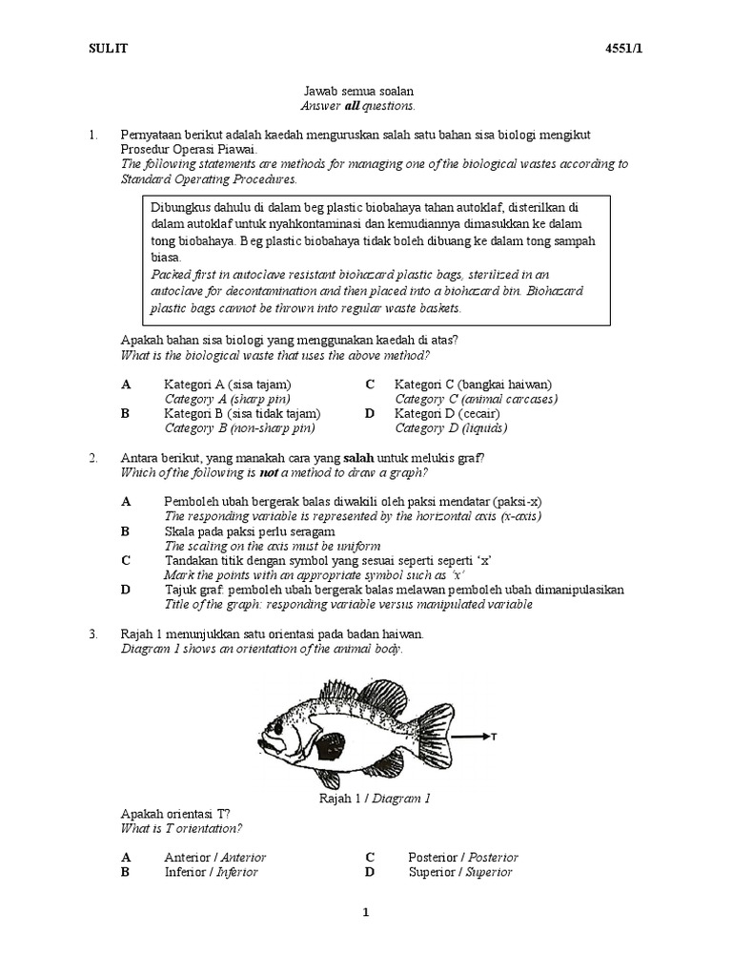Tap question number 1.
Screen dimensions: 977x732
pos(93,135)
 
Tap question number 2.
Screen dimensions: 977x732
pos(93,458)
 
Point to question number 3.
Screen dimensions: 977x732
pos(93,634)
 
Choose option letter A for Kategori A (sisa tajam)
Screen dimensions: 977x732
pos(126,385)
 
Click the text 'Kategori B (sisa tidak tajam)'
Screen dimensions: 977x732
pos(242,414)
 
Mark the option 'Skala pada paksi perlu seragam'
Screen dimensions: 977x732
pos(249,530)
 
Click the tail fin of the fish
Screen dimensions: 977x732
pos(435,733)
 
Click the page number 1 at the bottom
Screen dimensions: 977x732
pos(365,913)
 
